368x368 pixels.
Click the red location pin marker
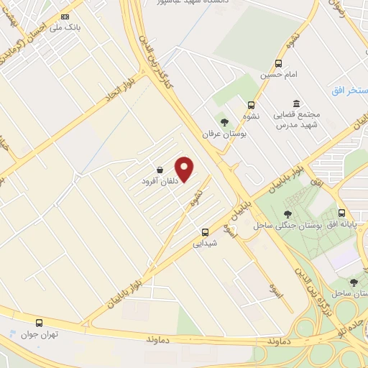pyautogui.click(x=185, y=168)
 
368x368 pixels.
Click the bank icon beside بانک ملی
pyautogui.click(x=65, y=17)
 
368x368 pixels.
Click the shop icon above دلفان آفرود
pyautogui.click(x=159, y=170)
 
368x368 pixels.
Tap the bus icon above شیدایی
pyautogui.click(x=206, y=232)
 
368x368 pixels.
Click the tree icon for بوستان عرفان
pyautogui.click(x=224, y=121)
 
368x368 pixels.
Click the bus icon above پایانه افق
pyautogui.click(x=341, y=213)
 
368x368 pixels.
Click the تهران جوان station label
pyautogui.click(x=39, y=334)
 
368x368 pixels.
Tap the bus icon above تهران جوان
pyautogui.click(x=39, y=323)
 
